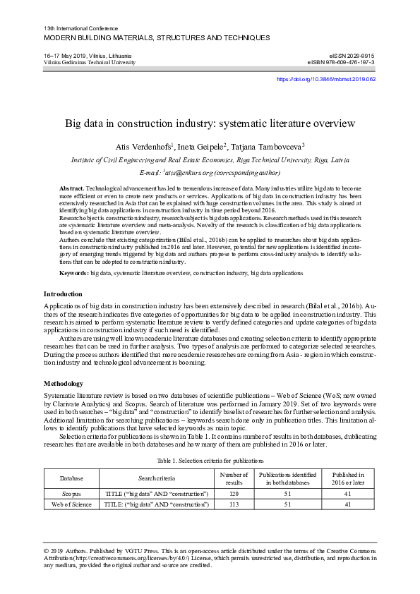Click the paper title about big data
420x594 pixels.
[x=210, y=123]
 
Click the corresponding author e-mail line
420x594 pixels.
[x=210, y=172]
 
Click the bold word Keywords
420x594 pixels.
[x=74, y=272]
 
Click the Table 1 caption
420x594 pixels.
[x=210, y=459]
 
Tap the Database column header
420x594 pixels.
[x=71, y=478]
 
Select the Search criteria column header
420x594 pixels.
[x=156, y=478]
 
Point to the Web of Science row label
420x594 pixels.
[x=71, y=504]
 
